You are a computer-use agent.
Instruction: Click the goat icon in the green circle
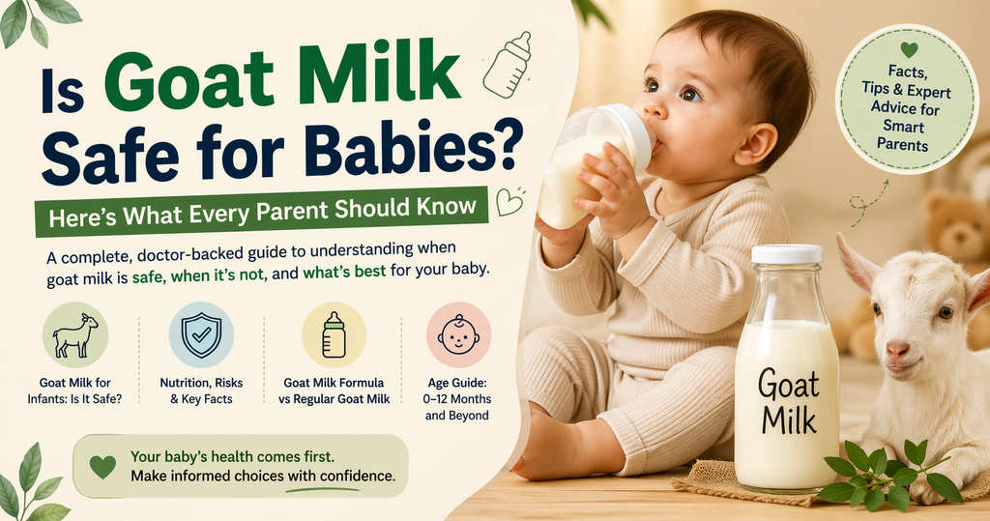pyautogui.click(x=75, y=334)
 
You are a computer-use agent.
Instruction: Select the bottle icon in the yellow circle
pyautogui.click(x=334, y=334)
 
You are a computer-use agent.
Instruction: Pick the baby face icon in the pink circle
pyautogui.click(x=458, y=334)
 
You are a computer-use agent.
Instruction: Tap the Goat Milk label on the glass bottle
pyautogui.click(x=787, y=401)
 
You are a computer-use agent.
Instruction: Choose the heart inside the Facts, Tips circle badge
pyautogui.click(x=907, y=49)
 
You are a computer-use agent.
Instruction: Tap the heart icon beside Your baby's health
pyautogui.click(x=102, y=466)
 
